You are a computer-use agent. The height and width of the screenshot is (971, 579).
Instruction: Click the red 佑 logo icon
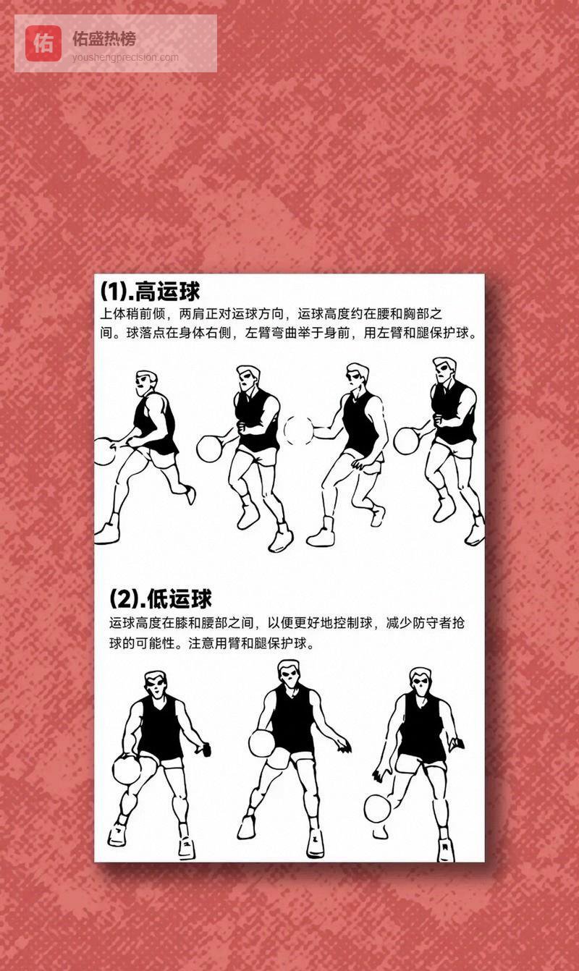43,43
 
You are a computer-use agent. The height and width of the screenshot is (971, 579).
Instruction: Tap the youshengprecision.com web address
125,58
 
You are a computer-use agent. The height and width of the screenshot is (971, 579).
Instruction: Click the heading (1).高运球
150,291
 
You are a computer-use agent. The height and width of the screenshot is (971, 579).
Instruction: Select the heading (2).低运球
161,599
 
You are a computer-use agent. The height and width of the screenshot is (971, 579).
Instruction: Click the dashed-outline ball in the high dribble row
298,430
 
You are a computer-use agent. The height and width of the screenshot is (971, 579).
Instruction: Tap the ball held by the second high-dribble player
210,449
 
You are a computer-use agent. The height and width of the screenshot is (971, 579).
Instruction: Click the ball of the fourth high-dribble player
407,441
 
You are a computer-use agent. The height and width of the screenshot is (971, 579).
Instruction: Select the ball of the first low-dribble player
127,769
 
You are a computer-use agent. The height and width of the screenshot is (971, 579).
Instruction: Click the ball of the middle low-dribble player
261,743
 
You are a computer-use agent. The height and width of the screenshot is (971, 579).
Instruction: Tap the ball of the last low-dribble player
377,808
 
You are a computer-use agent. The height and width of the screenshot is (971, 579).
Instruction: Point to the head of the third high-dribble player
357,378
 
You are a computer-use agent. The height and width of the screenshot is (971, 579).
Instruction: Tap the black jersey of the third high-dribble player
360,424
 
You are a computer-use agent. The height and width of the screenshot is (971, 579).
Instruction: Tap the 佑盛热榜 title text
104,38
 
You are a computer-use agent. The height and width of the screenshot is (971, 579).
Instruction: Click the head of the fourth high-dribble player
444,371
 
